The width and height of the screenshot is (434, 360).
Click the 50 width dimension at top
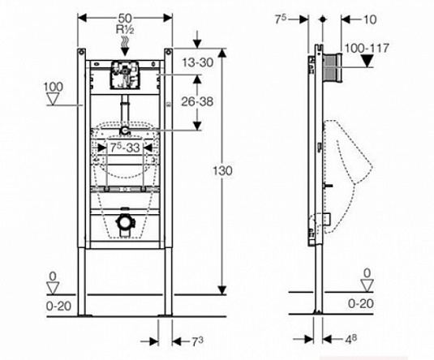(125, 19)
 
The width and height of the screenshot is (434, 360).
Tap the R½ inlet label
(125, 29)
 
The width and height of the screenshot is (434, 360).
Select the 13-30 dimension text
(198, 62)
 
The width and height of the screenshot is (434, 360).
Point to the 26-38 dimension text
(197, 102)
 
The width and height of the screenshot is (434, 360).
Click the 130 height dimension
(222, 171)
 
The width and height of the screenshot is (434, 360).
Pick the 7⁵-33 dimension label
(125, 148)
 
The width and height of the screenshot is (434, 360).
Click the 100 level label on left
(54, 87)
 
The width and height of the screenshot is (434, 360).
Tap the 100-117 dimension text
(367, 49)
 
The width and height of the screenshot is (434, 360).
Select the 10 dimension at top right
(370, 19)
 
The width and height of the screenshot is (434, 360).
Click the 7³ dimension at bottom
(197, 341)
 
